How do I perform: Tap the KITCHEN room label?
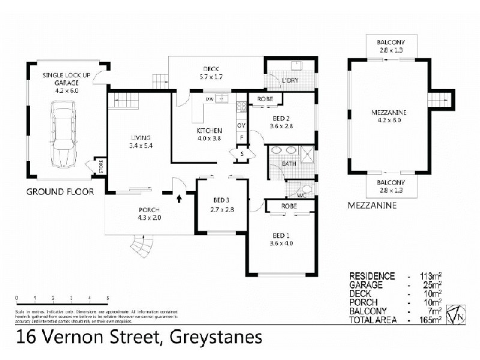[210, 131]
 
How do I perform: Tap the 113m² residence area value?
[429, 276]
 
